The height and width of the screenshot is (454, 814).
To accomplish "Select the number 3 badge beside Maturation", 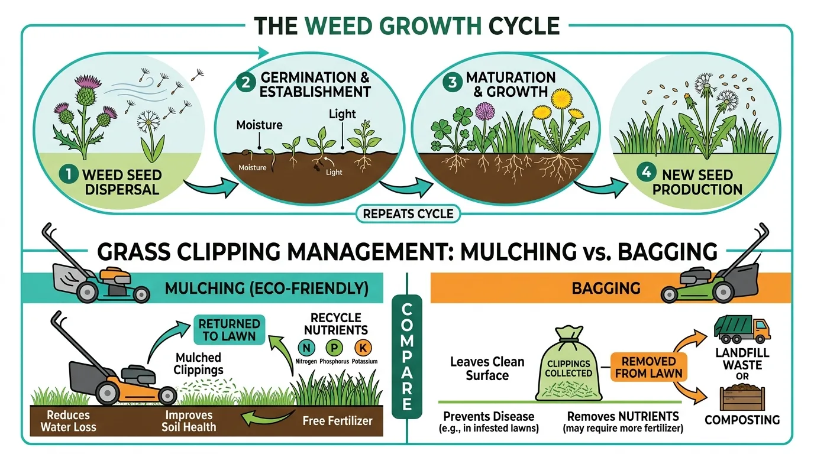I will click(x=453, y=83).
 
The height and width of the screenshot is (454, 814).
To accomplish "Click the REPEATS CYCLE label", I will click(x=408, y=213).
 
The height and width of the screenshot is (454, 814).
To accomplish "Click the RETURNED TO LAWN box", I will click(x=229, y=330).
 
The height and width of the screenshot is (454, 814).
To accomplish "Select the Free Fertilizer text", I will click(x=337, y=421).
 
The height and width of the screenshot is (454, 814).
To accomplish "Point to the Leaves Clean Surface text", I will click(x=487, y=368).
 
